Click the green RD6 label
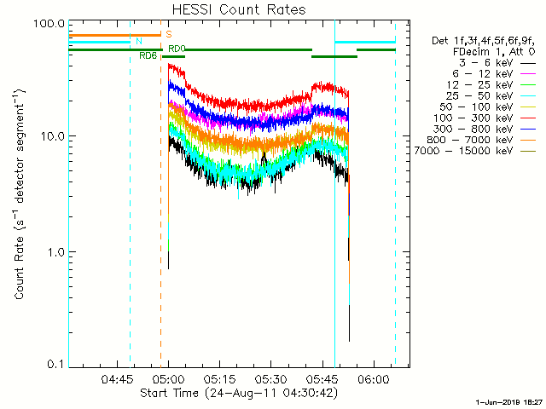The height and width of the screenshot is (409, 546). [148, 56]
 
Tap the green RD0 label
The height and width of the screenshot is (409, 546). [177, 49]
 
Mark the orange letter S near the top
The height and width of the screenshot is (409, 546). [169, 34]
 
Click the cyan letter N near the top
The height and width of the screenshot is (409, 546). [138, 42]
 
